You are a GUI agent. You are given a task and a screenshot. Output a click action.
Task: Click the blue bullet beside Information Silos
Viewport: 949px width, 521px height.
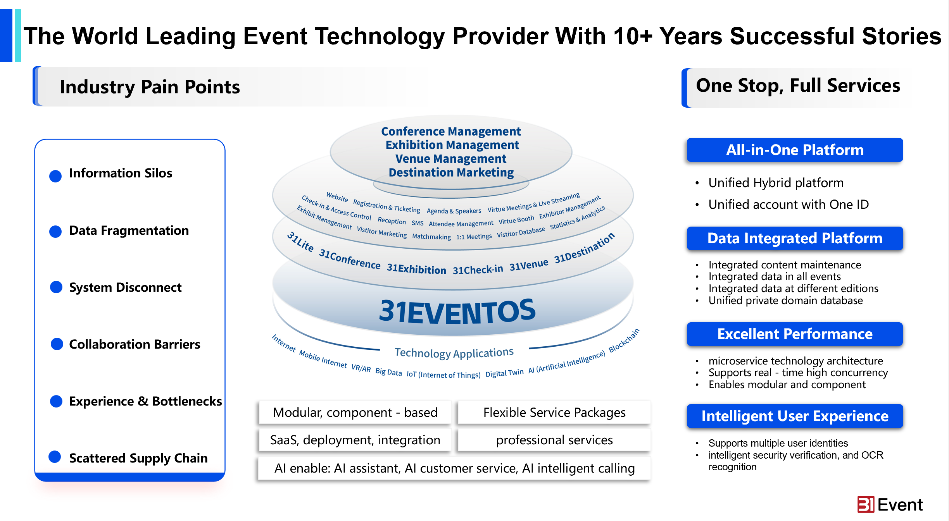(55, 176)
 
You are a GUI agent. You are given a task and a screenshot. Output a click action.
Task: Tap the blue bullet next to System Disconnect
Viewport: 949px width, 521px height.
(56, 287)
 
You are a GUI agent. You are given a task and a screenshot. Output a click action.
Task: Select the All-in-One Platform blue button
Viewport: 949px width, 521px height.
(795, 150)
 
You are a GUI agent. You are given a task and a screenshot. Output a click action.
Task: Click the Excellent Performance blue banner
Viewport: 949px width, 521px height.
(795, 334)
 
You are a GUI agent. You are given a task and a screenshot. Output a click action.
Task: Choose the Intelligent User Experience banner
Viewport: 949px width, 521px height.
(795, 416)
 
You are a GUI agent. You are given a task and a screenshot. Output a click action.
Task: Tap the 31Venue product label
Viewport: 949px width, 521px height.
(529, 265)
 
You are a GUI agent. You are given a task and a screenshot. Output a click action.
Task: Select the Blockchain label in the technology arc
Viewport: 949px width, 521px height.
(624, 340)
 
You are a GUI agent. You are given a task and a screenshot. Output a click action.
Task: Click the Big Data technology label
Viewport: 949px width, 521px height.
(388, 371)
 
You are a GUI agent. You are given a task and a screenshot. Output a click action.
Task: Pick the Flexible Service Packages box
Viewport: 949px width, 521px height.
(554, 412)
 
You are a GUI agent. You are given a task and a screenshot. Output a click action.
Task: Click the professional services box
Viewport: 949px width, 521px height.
(554, 440)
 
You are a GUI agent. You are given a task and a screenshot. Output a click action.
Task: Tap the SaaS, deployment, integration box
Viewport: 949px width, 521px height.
(355, 440)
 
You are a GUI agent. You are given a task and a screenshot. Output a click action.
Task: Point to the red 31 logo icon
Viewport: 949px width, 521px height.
(866, 504)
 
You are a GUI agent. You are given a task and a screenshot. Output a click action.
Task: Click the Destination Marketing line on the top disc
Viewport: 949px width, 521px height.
(451, 172)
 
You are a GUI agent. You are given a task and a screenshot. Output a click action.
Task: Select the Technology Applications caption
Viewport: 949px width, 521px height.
(454, 353)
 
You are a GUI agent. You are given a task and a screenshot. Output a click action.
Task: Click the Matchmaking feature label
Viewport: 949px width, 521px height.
(431, 237)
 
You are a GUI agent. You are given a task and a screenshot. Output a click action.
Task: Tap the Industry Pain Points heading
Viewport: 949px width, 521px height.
(150, 87)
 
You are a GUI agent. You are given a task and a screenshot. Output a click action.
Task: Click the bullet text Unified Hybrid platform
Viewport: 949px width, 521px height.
(776, 183)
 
